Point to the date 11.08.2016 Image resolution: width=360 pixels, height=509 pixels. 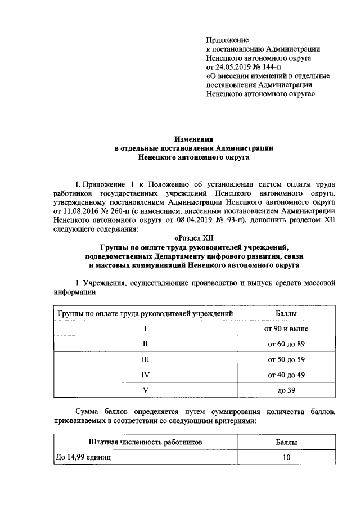click(81, 210)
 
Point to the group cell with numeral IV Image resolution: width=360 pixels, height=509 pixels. click(145, 374)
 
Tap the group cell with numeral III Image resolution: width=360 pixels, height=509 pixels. click(145, 359)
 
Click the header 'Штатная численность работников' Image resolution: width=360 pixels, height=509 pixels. click(145, 443)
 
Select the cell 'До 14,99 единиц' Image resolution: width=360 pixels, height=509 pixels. click(83, 458)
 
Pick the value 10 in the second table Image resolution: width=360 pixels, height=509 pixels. click(287, 458)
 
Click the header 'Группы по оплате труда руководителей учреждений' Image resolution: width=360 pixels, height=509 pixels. click(145, 313)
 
